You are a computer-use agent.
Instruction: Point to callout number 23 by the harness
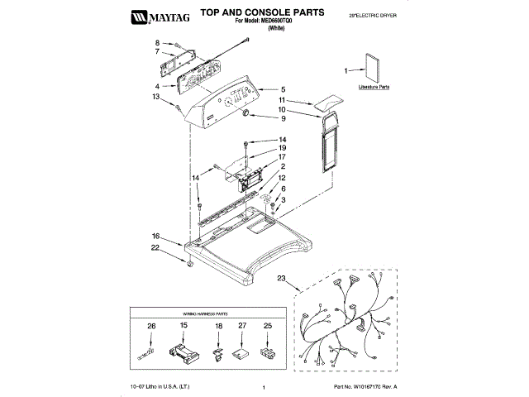[282, 278]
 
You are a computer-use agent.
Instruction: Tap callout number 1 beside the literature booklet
[348, 72]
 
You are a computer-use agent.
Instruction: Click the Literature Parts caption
[374, 86]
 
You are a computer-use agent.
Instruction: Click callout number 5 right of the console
[283, 89]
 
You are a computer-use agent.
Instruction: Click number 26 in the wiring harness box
[151, 327]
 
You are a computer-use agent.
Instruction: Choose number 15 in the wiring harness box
[184, 327]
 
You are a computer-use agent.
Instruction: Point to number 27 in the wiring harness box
[242, 327]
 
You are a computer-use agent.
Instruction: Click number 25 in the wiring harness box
[267, 327]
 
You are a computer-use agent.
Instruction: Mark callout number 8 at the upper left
[156, 42]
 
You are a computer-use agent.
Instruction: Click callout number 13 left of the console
[155, 97]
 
